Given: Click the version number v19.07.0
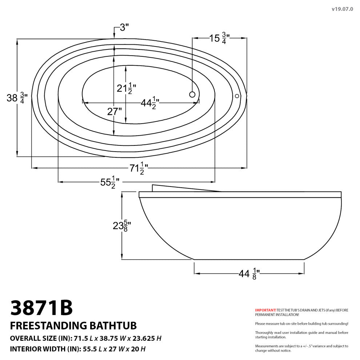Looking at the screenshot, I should pyautogui.click(x=342, y=9).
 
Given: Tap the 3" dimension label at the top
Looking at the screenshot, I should pyautogui.click(x=124, y=27).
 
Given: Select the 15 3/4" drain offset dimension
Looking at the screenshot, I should pyautogui.click(x=219, y=38).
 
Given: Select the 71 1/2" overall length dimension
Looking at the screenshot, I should pyautogui.click(x=139, y=168).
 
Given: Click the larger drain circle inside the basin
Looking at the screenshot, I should pyautogui.click(x=192, y=95).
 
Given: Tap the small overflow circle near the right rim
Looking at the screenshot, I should pyautogui.click(x=237, y=96).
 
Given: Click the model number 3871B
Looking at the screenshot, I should pyautogui.click(x=41, y=308).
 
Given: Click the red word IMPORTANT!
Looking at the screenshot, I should pyautogui.click(x=265, y=310).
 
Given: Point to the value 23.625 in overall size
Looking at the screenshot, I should pyautogui.click(x=143, y=338).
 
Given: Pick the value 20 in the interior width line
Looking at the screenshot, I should pyautogui.click(x=135, y=349).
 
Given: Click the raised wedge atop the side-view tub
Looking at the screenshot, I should pyautogui.click(x=175, y=188).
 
